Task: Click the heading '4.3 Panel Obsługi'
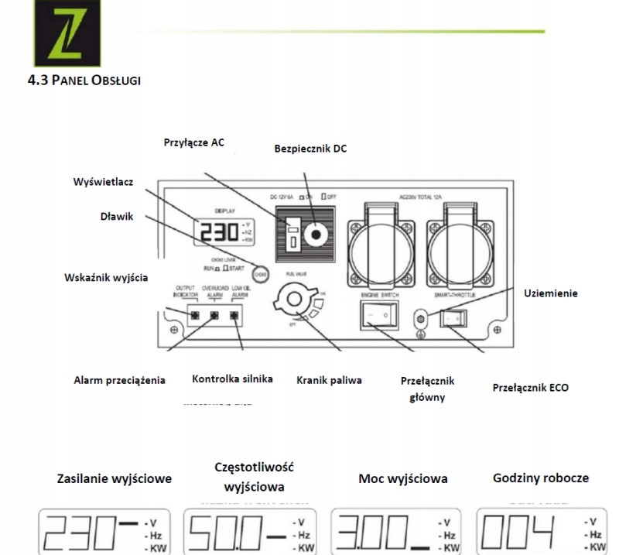click(x=83, y=81)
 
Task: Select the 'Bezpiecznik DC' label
click(x=310, y=148)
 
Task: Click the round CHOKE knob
click(x=261, y=273)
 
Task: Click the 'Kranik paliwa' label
click(x=329, y=380)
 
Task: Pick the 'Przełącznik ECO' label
click(x=530, y=387)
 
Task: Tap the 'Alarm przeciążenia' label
click(x=119, y=380)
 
